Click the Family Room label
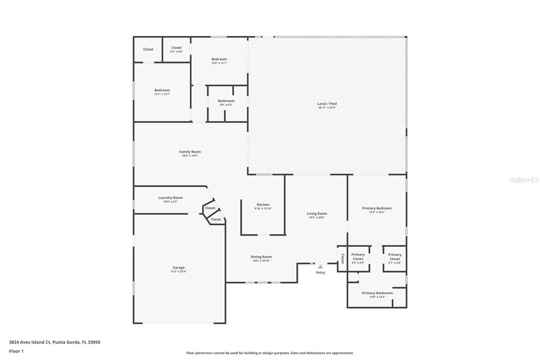[x=190, y=152]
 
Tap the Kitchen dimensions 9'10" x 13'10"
[x=263, y=209]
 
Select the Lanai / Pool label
[x=327, y=104]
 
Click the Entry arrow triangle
[x=320, y=267]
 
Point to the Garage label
[x=179, y=267]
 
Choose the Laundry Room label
[x=170, y=198]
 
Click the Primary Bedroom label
[x=377, y=208]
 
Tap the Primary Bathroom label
[x=377, y=293]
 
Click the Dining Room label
[x=261, y=257]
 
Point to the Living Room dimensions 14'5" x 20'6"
[x=317, y=217]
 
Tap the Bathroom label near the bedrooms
[x=226, y=101]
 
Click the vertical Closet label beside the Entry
[x=343, y=258]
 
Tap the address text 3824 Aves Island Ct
[x=30, y=342]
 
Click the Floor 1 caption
[x=16, y=351]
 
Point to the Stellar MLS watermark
[x=524, y=180]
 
